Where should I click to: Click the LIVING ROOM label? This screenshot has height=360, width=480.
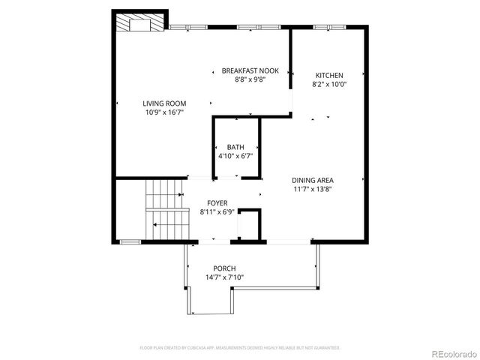pyautogui.click(x=165, y=103)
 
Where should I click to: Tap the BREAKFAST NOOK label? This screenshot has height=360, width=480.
pyautogui.click(x=250, y=70)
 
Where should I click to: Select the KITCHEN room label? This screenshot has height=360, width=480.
pyautogui.click(x=329, y=76)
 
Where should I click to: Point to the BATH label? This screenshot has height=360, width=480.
pyautogui.click(x=235, y=148)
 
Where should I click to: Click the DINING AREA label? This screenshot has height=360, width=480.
pyautogui.click(x=313, y=180)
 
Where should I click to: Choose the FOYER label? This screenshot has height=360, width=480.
pyautogui.click(x=217, y=203)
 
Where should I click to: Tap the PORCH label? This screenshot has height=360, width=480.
pyautogui.click(x=224, y=268)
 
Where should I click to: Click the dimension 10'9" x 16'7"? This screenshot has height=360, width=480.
pyautogui.click(x=165, y=112)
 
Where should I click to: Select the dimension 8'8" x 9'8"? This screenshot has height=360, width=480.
pyautogui.click(x=250, y=79)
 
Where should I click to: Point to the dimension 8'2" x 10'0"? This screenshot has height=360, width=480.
pyautogui.click(x=329, y=84)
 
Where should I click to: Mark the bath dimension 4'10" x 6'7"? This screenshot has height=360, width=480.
pyautogui.click(x=235, y=156)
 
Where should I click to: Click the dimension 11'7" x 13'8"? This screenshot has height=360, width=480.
pyautogui.click(x=313, y=188)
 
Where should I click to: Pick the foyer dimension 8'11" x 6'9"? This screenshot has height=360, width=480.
pyautogui.click(x=217, y=211)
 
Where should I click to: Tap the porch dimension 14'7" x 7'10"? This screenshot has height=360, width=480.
pyautogui.click(x=224, y=277)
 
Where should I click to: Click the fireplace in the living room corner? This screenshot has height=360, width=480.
pyautogui.click(x=140, y=22)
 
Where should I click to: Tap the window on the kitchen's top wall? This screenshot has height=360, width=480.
pyautogui.click(x=330, y=28)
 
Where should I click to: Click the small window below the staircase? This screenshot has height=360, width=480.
pyautogui.click(x=130, y=241)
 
